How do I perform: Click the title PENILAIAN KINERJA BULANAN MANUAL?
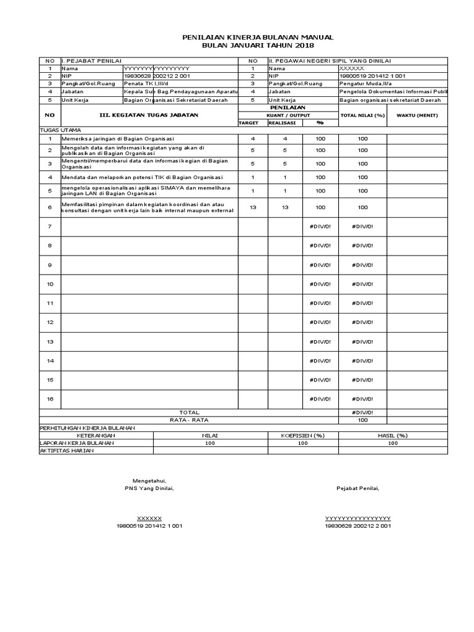point(257,38)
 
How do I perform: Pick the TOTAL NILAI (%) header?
point(362,115)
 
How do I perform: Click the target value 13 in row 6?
point(252,208)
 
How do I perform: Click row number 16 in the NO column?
point(50,399)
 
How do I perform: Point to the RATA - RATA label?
point(189,420)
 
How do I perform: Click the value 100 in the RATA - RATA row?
point(362,420)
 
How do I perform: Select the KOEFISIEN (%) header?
point(302,435)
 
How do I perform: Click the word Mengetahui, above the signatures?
point(149,481)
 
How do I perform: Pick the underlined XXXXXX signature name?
point(149,518)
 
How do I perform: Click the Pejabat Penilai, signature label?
point(358,489)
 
